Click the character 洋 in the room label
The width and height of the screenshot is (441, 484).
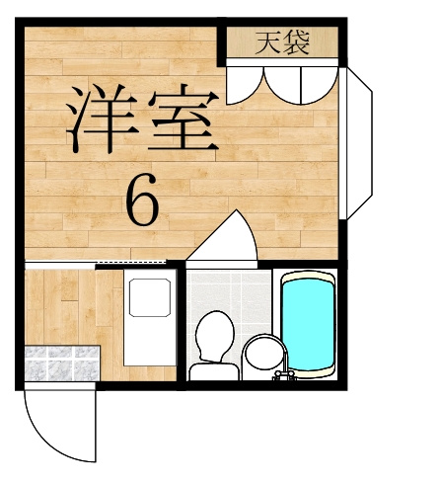pos(102,118)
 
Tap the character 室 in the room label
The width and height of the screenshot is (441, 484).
pos(180,119)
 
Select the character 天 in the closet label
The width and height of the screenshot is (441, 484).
pos(266,42)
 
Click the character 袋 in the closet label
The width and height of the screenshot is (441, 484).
pos(297,42)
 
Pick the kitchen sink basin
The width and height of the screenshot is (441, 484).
pos(148,296)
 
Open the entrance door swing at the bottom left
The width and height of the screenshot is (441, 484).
pos(54,425)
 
